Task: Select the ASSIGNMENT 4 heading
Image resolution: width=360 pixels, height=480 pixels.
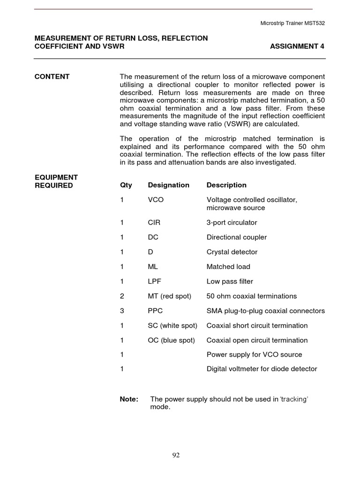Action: pyautogui.click(x=297, y=46)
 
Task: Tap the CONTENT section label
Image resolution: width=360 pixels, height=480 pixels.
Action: pyautogui.click(x=52, y=77)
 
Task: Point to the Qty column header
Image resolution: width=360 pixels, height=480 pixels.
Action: pyautogui.click(x=126, y=185)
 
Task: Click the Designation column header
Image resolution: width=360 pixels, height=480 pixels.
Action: pyautogui.click(x=168, y=185)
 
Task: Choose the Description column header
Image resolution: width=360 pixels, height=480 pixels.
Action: pyautogui.click(x=226, y=185)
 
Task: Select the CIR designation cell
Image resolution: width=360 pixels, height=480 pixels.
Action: pyautogui.click(x=154, y=223)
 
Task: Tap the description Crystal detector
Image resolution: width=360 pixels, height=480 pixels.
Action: pyautogui.click(x=232, y=252)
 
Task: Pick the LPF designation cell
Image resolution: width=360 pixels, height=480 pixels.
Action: pyautogui.click(x=155, y=282)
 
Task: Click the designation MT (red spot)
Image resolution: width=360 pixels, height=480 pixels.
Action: pyautogui.click(x=169, y=296)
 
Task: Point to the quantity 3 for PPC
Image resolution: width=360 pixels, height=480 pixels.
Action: pyautogui.click(x=122, y=311)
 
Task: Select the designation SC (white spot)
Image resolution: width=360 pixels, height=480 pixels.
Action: pyautogui.click(x=172, y=326)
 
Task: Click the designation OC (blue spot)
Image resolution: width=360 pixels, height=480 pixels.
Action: pyautogui.click(x=171, y=340)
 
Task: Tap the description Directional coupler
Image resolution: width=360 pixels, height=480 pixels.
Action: pyautogui.click(x=236, y=237)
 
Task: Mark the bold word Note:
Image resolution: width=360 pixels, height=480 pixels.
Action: pyautogui.click(x=129, y=399)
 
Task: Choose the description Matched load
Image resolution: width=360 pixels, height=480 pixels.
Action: pyautogui.click(x=228, y=267)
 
